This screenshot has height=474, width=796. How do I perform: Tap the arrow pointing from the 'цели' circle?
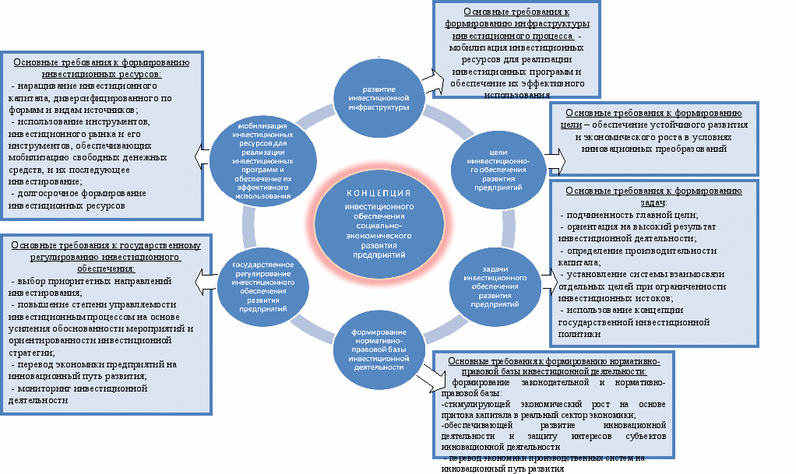tap(554, 160)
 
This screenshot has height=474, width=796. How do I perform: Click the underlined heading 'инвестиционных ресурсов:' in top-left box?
tap(102, 75)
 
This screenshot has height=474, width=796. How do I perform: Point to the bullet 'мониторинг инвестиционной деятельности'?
tap(78, 394)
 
